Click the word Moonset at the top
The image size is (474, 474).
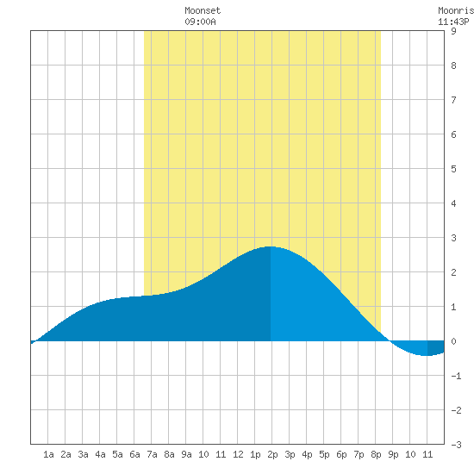pyautogui.click(x=203, y=10)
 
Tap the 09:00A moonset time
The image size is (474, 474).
pyautogui.click(x=200, y=22)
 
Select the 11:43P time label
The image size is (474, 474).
pyautogui.click(x=453, y=22)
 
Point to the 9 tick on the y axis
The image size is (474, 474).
pyautogui.click(x=453, y=31)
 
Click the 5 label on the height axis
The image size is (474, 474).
pyautogui.click(x=453, y=169)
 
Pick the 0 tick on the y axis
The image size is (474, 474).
pyautogui.click(x=453, y=341)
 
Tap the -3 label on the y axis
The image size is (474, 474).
pyautogui.click(x=456, y=445)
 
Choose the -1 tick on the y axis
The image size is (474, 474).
pyautogui.click(x=456, y=376)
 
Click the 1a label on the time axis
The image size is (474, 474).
pyautogui.click(x=48, y=454)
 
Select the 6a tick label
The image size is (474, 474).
pyautogui.click(x=134, y=454)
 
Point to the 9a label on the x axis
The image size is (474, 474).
pyautogui.click(x=186, y=454)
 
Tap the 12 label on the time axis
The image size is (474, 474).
pyautogui.click(x=238, y=454)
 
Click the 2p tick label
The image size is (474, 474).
pyautogui.click(x=272, y=454)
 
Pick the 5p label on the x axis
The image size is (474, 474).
pyautogui.click(x=324, y=454)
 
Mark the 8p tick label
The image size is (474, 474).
pyautogui.click(x=376, y=454)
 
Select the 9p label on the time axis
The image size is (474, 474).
pyautogui.click(x=393, y=454)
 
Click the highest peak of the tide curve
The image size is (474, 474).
pyautogui.click(x=271, y=246)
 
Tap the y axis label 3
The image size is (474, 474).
pyautogui.click(x=453, y=238)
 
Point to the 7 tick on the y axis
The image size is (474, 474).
pyautogui.click(x=453, y=100)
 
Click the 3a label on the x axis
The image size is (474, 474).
pyautogui.click(x=83, y=454)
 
